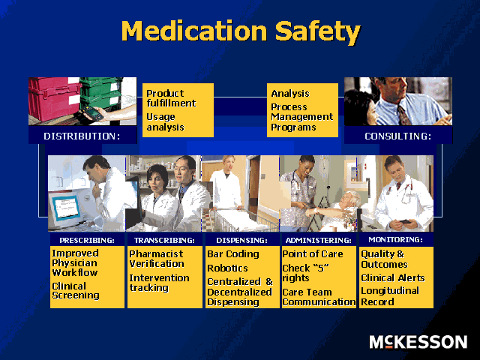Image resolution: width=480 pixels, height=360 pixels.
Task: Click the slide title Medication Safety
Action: (x=240, y=31)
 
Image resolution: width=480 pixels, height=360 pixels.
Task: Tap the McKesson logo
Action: (x=418, y=342)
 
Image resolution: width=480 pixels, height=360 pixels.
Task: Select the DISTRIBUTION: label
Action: (x=82, y=136)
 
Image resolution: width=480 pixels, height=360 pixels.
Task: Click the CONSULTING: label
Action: (x=397, y=136)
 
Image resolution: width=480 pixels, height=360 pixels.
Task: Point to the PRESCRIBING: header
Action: (x=87, y=241)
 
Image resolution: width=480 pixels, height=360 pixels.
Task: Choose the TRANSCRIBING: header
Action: (x=164, y=241)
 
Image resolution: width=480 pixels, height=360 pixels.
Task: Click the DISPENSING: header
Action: (x=241, y=241)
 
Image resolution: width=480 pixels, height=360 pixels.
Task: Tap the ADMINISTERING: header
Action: (x=319, y=241)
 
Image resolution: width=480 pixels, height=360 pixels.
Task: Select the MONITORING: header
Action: (x=396, y=240)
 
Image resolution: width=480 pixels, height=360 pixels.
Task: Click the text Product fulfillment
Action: (x=171, y=98)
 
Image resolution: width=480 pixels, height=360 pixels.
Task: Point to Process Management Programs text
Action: (x=301, y=117)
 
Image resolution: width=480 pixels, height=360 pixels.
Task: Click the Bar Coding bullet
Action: (x=232, y=254)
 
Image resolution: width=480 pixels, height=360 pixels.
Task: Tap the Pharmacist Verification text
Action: (x=157, y=259)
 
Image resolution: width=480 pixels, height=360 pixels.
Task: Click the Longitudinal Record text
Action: (x=389, y=296)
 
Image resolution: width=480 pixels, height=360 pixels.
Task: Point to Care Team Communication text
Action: (x=319, y=297)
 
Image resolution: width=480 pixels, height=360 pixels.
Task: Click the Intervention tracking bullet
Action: (x=159, y=283)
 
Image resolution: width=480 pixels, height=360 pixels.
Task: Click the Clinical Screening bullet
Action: (x=76, y=291)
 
